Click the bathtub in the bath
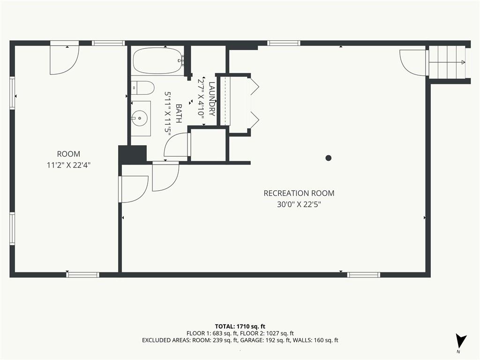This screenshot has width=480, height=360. (x=158, y=60)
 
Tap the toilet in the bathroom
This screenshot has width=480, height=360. (x=142, y=88)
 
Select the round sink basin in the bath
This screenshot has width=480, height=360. (x=139, y=118)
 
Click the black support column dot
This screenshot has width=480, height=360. (x=329, y=158)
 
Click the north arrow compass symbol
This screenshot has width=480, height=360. (x=460, y=341)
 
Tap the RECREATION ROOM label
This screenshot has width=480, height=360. (x=299, y=193)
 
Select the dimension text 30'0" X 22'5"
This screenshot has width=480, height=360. (x=299, y=204)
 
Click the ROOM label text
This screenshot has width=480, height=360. (x=68, y=154)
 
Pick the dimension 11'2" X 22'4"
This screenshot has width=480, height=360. (x=68, y=165)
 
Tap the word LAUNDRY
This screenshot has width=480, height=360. (x=212, y=98)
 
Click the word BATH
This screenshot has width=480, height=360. (x=179, y=113)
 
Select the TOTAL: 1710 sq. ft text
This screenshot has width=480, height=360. (x=240, y=326)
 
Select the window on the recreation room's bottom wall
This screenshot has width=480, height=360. (x=364, y=275)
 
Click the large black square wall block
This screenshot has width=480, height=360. (x=133, y=155)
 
